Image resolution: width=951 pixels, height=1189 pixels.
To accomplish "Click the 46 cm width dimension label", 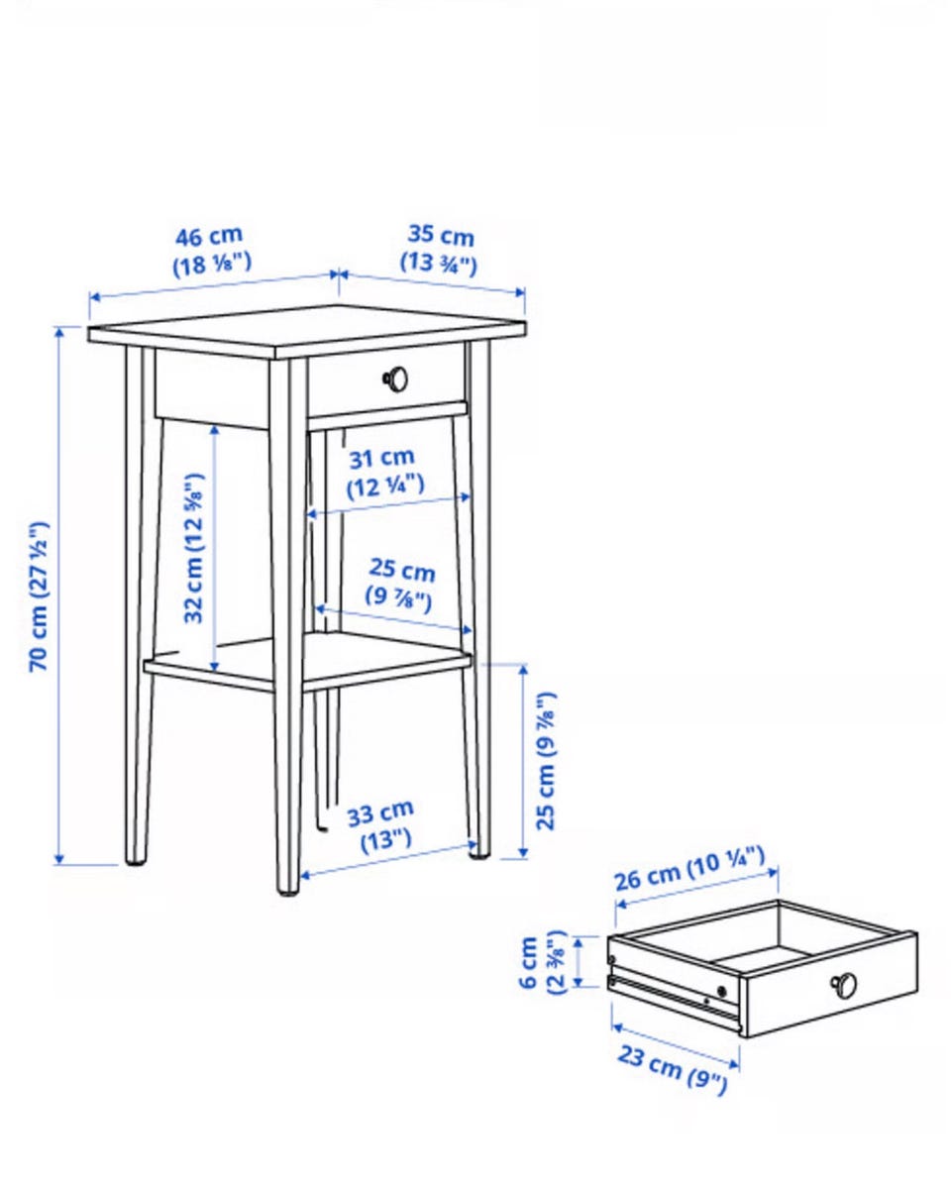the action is tap(209, 237).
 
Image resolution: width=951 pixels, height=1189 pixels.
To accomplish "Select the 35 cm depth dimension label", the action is tap(441, 237).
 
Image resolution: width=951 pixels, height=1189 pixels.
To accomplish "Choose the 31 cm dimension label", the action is tap(381, 458).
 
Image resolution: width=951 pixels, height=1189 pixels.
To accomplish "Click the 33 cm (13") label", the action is tap(380, 826).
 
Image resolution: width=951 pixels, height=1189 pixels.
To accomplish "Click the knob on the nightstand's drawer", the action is tap(395, 379).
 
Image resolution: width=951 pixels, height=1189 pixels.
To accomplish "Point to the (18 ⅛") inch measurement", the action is tap(212, 266).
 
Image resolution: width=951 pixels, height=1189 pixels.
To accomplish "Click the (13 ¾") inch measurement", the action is tap(438, 264).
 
